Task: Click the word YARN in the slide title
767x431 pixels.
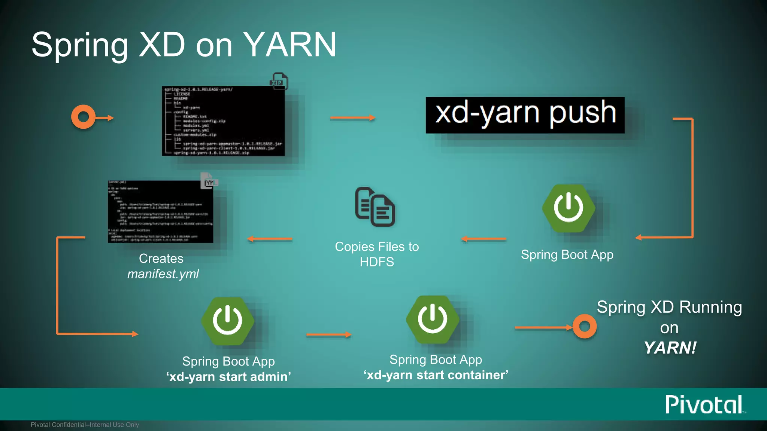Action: (290, 45)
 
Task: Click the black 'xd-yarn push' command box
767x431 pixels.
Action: (525, 115)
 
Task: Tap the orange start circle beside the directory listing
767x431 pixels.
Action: (83, 117)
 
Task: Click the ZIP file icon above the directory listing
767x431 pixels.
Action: (279, 81)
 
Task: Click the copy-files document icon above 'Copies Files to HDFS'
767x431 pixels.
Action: (375, 207)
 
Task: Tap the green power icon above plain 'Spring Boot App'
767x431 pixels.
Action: (568, 208)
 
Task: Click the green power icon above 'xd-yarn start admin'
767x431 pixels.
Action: (228, 321)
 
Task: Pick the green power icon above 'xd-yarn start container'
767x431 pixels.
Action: (433, 319)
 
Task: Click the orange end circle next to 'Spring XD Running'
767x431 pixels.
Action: (584, 326)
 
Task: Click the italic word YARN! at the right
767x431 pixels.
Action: (670, 348)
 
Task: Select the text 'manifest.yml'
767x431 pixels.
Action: (163, 274)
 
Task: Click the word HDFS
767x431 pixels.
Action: (377, 262)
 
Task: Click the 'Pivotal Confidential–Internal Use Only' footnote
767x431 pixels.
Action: (85, 425)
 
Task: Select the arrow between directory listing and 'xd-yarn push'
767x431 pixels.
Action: (352, 118)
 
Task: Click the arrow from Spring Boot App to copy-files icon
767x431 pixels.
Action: (483, 239)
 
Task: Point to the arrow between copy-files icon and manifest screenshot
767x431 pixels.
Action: (270, 239)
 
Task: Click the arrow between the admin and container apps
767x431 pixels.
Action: (329, 334)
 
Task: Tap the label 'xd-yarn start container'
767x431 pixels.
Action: (436, 375)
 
